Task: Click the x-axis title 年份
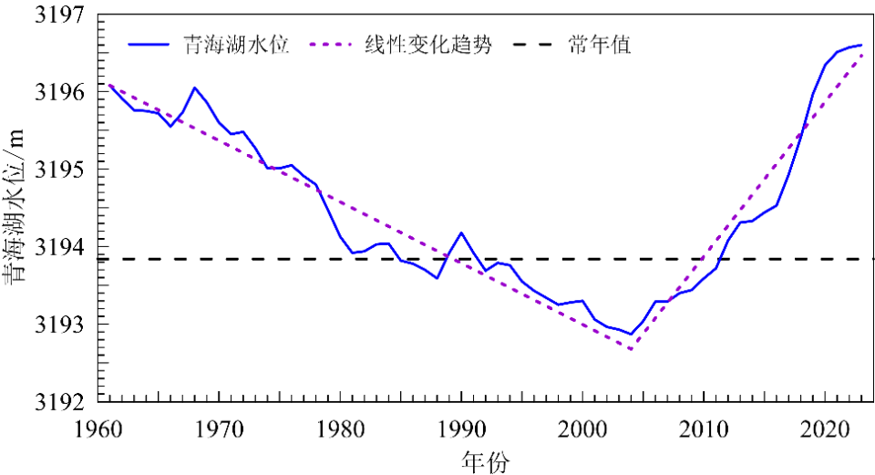[x=485, y=460]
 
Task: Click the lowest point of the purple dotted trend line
[x=631, y=349]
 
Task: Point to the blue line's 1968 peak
[x=194, y=88]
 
